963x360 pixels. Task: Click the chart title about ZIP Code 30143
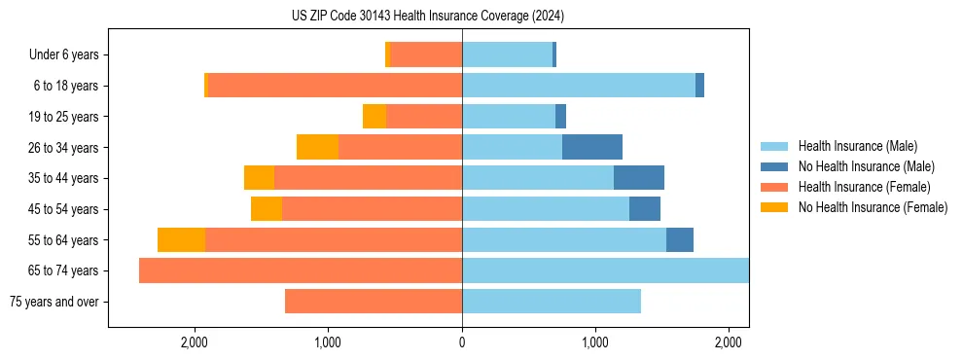(x=427, y=17)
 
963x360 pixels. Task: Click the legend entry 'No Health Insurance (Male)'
(x=866, y=166)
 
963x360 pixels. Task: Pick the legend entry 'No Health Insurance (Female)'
(x=873, y=207)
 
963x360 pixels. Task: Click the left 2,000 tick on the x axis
(x=195, y=343)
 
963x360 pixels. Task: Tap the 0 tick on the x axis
(x=462, y=343)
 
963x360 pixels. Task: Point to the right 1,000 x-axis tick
(x=595, y=343)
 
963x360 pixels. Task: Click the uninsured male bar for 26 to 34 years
(x=592, y=147)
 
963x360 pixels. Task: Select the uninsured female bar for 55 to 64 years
(x=181, y=239)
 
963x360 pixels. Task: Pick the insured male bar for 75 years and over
(x=552, y=302)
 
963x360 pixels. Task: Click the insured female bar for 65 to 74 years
(x=301, y=270)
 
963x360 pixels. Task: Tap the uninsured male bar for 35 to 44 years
(x=639, y=178)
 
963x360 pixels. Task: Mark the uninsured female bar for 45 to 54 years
(x=267, y=209)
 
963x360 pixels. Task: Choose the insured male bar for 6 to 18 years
(x=579, y=86)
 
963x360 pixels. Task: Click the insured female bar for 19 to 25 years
(x=424, y=117)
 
